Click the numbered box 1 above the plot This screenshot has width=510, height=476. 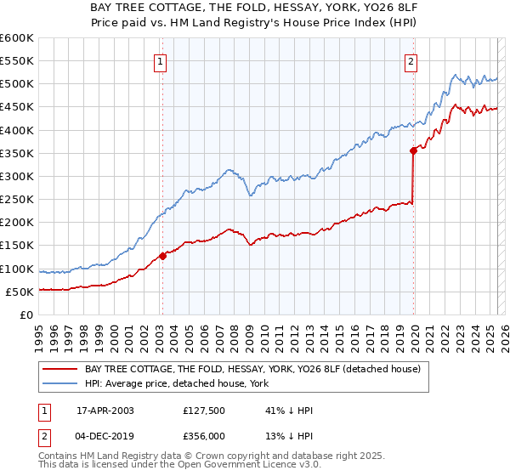161,60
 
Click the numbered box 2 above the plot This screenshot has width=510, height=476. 411,60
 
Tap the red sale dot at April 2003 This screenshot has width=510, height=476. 162,256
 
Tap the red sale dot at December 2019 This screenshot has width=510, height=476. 413,150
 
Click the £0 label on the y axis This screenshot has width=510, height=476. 26,314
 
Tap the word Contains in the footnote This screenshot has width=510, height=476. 61,457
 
